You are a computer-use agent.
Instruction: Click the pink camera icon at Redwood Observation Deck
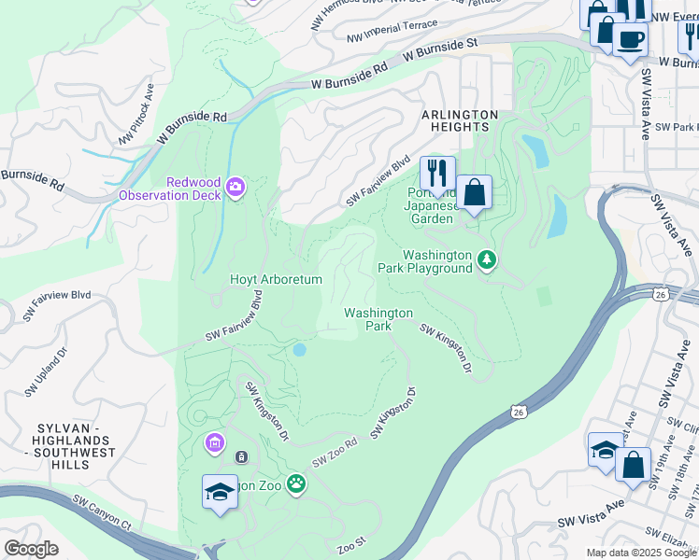coord(234,189)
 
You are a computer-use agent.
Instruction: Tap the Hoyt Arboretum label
coord(276,279)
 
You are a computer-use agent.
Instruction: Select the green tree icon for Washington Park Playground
coord(486,259)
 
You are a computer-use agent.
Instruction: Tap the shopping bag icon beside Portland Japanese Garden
coord(474,193)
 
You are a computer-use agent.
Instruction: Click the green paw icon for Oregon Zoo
coord(296,483)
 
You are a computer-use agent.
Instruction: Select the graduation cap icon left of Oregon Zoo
coord(220,492)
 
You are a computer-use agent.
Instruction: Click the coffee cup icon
coord(631,40)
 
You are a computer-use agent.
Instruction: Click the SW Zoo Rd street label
coord(335,454)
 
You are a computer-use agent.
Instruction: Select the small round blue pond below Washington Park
coord(299,350)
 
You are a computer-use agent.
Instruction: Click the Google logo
coord(31,549)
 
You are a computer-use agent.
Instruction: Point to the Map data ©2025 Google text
coord(641,553)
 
